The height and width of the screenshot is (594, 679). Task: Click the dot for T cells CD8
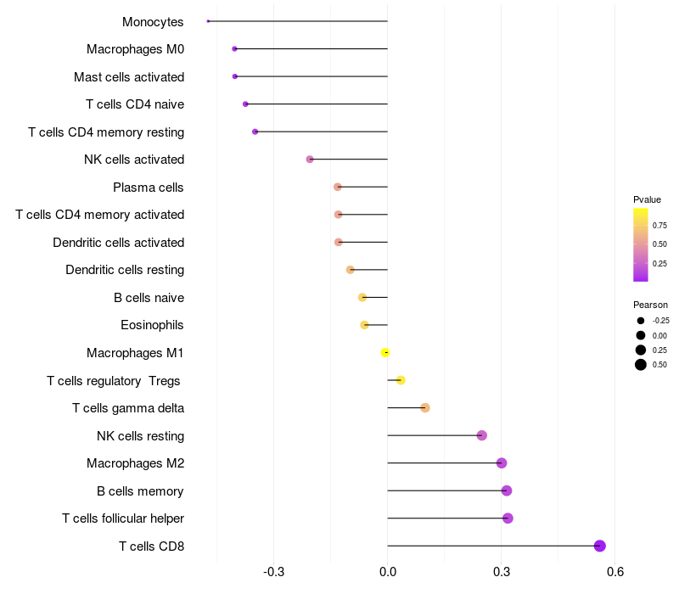(600, 546)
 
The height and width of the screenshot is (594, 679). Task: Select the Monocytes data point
(208, 21)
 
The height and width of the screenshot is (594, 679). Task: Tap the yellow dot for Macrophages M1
(385, 352)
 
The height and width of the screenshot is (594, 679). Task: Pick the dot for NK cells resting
(482, 435)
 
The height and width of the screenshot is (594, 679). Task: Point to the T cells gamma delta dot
(425, 408)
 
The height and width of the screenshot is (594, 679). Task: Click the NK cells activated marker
(310, 160)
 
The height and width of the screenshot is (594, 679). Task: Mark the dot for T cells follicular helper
(508, 518)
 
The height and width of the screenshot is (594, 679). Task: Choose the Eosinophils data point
(364, 325)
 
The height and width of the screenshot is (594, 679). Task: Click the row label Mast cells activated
(129, 77)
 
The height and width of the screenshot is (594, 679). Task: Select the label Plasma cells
(149, 188)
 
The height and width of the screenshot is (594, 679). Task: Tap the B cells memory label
(140, 491)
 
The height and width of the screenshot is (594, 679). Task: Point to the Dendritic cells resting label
(125, 270)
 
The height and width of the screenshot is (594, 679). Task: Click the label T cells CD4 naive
(135, 104)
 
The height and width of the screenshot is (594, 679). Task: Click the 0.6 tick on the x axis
(615, 571)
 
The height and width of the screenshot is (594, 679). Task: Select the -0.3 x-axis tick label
(273, 571)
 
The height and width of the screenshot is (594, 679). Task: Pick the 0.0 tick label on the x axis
(388, 571)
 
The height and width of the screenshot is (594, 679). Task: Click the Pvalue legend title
(647, 199)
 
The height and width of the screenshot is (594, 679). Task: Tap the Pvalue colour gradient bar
(641, 244)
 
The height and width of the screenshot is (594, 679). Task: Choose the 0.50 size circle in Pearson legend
(641, 365)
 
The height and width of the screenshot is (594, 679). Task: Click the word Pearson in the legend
(650, 305)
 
